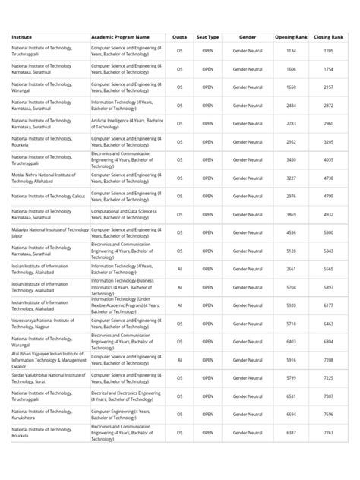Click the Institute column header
[22, 36]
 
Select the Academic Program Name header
[120, 36]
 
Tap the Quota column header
[180, 36]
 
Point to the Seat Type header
[207, 36]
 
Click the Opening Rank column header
[291, 36]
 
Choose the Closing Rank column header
[328, 36]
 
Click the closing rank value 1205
[328, 51]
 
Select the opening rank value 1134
[291, 51]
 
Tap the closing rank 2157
[328, 87]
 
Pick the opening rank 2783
[291, 124]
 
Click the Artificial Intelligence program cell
[127, 124]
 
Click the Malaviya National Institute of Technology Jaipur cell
[49, 232]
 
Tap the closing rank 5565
[328, 269]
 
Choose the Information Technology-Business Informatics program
[126, 287]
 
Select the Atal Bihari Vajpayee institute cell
[48, 360]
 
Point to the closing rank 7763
[328, 433]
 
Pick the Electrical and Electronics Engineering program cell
[126, 396]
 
